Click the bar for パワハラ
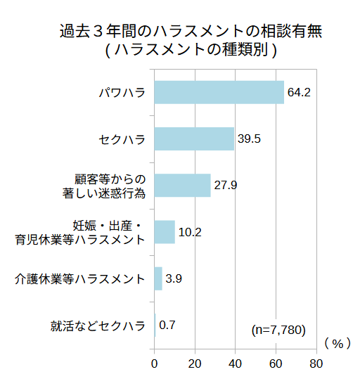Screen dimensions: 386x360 [x=219, y=92]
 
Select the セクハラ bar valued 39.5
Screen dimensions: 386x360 [x=194, y=139]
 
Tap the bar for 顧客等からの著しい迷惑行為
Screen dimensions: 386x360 [x=182, y=185]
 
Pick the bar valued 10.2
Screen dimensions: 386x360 [x=165, y=231]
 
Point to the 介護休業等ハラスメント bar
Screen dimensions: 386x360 [x=158, y=278]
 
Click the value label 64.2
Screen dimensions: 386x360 [x=299, y=92]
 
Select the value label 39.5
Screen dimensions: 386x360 [x=249, y=139]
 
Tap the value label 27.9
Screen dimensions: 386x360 [x=226, y=185]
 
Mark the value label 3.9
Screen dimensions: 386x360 [x=174, y=278]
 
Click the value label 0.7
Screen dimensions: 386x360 [x=167, y=325]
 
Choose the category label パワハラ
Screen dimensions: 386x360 [x=122, y=92]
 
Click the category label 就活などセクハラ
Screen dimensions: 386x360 [x=98, y=325]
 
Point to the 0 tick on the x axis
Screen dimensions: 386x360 [x=155, y=364]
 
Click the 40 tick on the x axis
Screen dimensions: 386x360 [x=236, y=364]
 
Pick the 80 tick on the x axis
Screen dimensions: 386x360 [x=316, y=364]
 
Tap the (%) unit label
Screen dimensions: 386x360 [x=337, y=343]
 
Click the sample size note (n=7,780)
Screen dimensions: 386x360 [x=278, y=329]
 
